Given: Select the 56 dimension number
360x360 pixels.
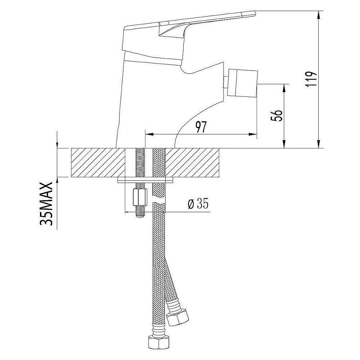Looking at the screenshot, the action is click(276, 116).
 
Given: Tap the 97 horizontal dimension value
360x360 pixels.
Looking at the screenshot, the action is click(201, 127).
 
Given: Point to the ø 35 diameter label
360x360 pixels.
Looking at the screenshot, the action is click(198, 204).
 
